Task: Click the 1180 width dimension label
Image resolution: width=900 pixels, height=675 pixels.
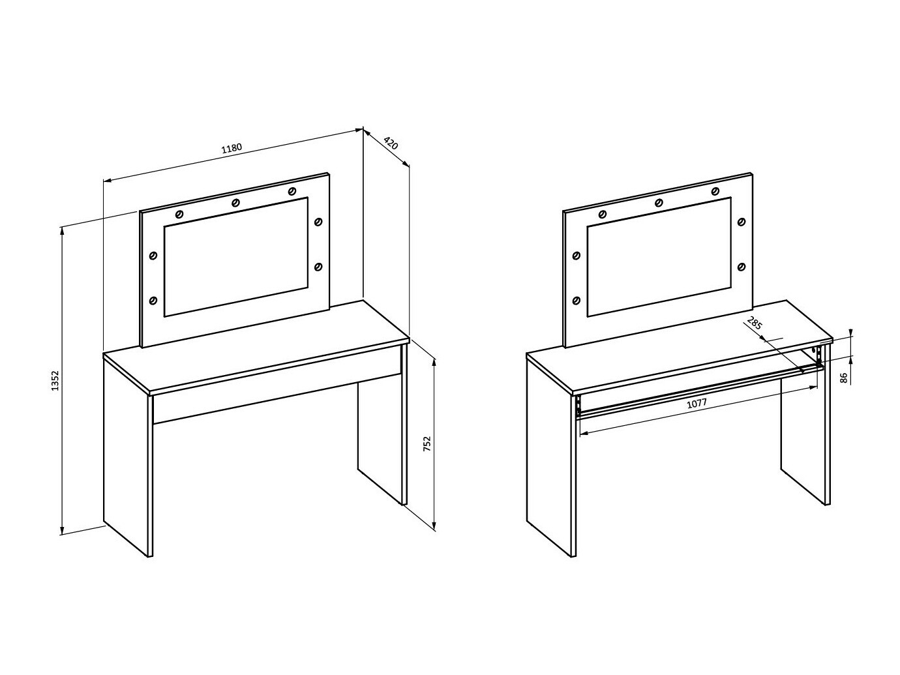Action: click(x=232, y=148)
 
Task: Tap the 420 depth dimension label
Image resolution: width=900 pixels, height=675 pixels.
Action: click(x=391, y=143)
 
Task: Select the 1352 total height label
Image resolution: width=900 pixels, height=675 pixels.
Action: click(x=55, y=380)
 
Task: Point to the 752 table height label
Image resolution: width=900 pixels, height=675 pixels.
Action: click(x=427, y=444)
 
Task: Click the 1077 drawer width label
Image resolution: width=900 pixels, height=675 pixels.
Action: click(x=697, y=403)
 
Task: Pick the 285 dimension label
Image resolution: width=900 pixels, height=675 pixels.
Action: click(x=754, y=323)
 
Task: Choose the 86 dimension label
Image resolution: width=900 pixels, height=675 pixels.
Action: click(x=843, y=378)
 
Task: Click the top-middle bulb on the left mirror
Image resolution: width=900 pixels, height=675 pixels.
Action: click(x=236, y=203)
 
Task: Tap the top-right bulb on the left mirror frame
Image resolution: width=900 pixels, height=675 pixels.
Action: click(x=292, y=191)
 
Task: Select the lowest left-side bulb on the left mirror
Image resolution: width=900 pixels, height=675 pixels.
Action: click(x=153, y=301)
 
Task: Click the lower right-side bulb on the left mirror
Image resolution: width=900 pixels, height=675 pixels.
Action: click(x=318, y=267)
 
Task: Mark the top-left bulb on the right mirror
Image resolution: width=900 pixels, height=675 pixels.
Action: click(x=603, y=215)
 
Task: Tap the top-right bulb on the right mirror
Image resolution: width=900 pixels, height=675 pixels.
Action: click(x=715, y=191)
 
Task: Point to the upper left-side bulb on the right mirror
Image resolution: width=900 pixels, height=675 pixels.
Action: click(x=576, y=256)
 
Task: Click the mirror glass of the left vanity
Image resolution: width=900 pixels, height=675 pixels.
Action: click(x=236, y=257)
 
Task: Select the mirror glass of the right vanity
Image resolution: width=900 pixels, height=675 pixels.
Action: click(x=659, y=257)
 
